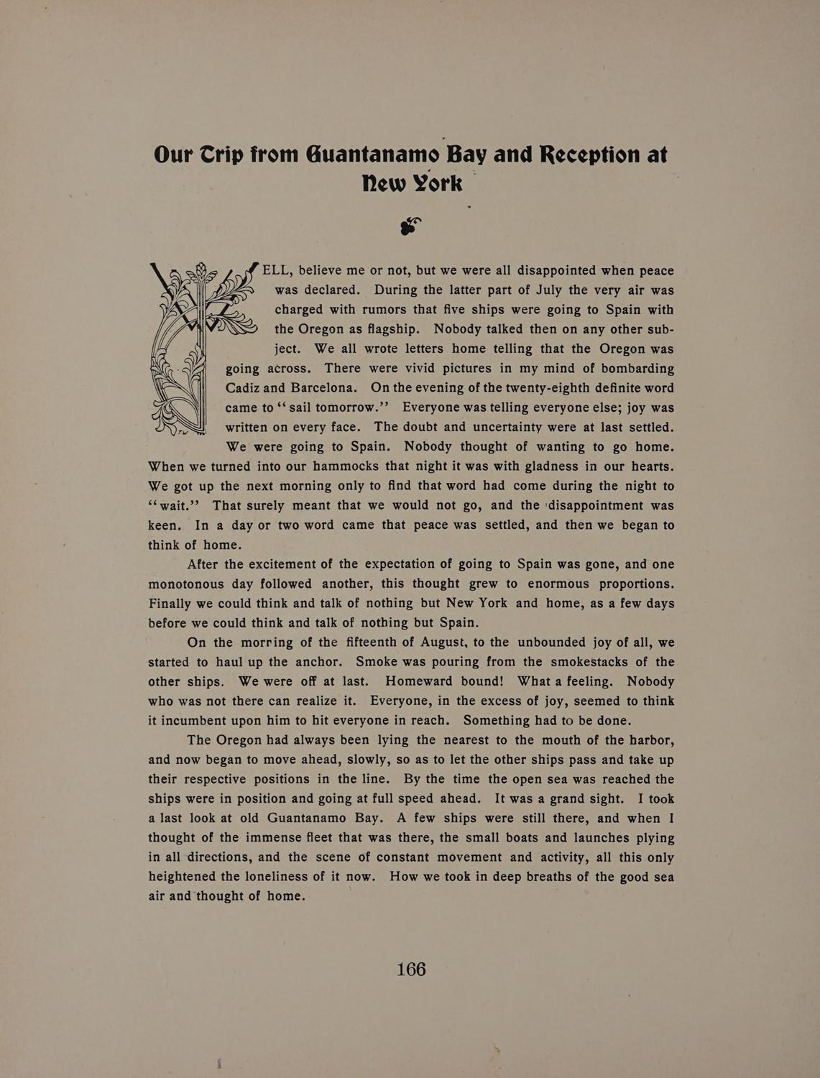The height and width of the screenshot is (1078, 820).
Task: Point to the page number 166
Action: coord(411,969)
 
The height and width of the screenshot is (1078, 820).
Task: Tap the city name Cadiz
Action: coord(244,388)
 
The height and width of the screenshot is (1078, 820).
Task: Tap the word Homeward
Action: coord(418,681)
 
